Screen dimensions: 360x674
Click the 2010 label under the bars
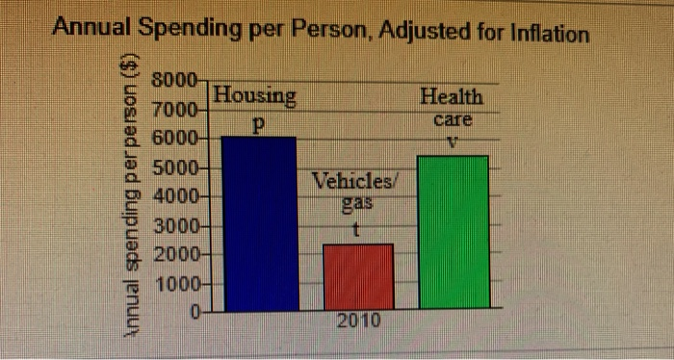pos(358,321)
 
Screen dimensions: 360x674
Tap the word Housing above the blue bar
pos(255,95)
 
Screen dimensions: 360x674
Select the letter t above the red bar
pos(356,230)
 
